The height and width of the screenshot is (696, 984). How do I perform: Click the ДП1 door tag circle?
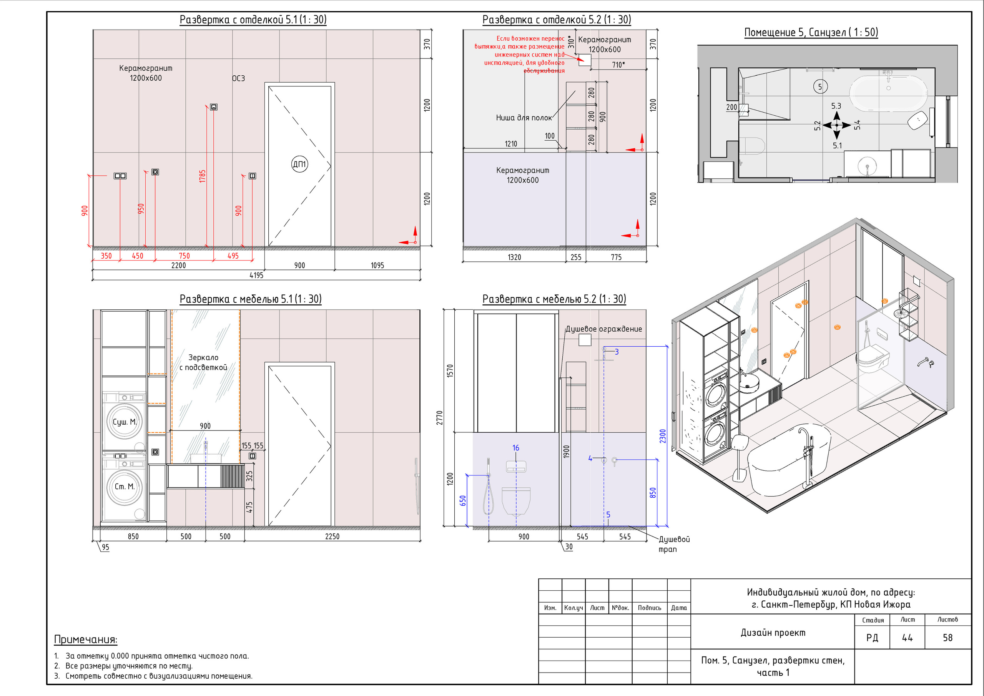299,164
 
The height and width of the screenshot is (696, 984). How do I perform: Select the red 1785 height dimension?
202,176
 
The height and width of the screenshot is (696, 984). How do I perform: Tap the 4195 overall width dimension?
256,275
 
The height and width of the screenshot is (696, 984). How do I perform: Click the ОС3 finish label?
238,78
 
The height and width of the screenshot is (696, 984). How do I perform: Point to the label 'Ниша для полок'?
524,118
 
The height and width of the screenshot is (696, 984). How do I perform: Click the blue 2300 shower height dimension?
663,436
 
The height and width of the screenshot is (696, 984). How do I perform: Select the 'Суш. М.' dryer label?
124,422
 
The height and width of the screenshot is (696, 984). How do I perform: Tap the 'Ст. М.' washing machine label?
124,487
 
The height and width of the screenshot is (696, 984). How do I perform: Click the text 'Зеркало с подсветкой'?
203,362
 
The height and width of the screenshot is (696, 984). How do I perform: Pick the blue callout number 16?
515,448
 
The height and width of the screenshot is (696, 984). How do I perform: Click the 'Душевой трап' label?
674,544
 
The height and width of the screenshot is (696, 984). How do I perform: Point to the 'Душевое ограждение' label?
603,329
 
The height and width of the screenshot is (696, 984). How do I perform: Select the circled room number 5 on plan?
820,87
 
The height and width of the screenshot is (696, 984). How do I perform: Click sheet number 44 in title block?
907,638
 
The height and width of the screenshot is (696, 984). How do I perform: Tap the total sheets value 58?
947,638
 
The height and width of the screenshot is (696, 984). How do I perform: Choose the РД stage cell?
872,638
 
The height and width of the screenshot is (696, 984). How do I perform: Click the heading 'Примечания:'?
86,640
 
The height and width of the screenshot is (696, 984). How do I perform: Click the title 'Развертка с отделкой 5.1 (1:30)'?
253,20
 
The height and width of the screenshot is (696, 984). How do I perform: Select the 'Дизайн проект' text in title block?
773,633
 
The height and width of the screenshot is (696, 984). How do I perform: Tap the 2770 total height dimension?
439,418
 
